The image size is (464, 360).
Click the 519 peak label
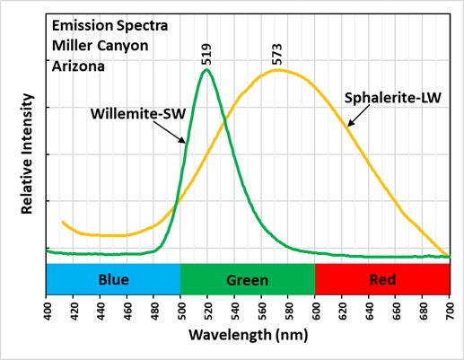tap(207, 55)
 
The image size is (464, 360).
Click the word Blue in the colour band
tap(113, 279)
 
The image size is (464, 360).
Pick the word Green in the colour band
tap(248, 279)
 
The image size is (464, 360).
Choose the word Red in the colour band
tap(382, 279)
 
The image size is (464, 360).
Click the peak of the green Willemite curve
tap(207, 70)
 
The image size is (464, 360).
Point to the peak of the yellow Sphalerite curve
tap(279, 70)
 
